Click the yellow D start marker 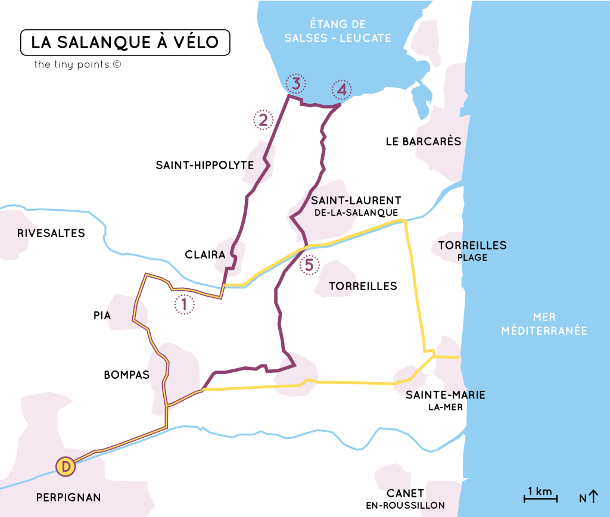click(x=66, y=466)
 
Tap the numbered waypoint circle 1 click(x=184, y=304)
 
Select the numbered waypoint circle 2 click(x=263, y=120)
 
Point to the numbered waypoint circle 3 click(x=295, y=83)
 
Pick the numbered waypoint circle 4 click(x=341, y=90)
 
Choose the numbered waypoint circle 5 click(x=309, y=264)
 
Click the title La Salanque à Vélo click(x=125, y=42)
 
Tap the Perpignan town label click(x=69, y=497)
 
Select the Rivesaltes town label click(x=51, y=233)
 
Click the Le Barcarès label click(x=424, y=142)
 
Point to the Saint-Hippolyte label click(x=205, y=166)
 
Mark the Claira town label click(x=205, y=255)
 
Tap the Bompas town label click(x=126, y=375)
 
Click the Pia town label click(x=102, y=316)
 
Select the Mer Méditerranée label click(x=544, y=323)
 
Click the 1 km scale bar click(x=540, y=494)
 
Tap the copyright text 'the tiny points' click(x=77, y=64)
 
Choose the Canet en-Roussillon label click(x=405, y=499)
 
